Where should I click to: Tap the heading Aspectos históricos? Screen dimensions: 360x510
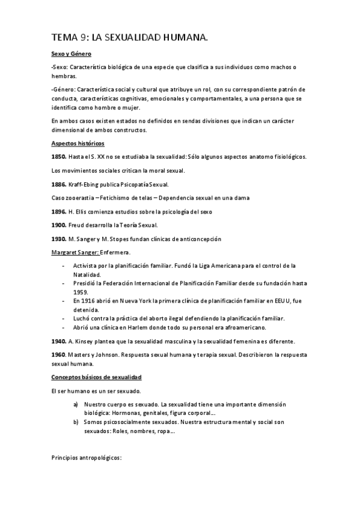(78, 144)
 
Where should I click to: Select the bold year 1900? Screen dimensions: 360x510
(59, 226)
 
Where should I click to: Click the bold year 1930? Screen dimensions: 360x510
(59, 239)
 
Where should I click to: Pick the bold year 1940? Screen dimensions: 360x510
(59, 341)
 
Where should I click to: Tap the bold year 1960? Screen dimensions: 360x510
(59, 355)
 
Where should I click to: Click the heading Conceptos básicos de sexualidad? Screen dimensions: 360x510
(96, 376)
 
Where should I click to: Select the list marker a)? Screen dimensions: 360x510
(76, 404)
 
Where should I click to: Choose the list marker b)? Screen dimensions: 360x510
(76, 422)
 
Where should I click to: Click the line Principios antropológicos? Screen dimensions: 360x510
(87, 458)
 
